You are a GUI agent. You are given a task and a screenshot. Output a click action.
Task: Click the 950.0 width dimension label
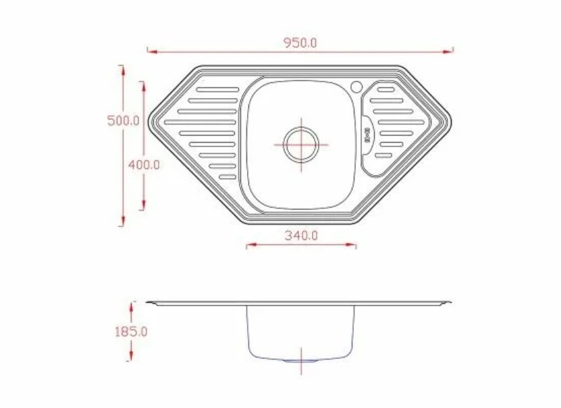point(300,43)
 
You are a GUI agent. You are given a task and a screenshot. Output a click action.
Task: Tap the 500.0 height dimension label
point(124,121)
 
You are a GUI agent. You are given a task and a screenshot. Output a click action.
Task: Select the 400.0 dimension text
point(144,165)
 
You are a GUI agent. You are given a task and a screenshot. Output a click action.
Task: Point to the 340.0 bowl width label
point(301,236)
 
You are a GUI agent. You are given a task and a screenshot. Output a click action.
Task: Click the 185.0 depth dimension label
point(131,332)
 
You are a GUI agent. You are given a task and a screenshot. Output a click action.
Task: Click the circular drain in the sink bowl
point(301,145)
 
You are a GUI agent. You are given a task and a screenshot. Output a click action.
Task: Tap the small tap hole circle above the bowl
point(356,86)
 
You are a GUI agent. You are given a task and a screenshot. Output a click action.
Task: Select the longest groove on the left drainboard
point(201,122)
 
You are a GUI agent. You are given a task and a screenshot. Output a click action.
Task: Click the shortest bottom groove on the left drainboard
point(228,177)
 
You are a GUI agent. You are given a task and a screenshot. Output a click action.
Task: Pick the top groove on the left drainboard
point(217,89)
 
